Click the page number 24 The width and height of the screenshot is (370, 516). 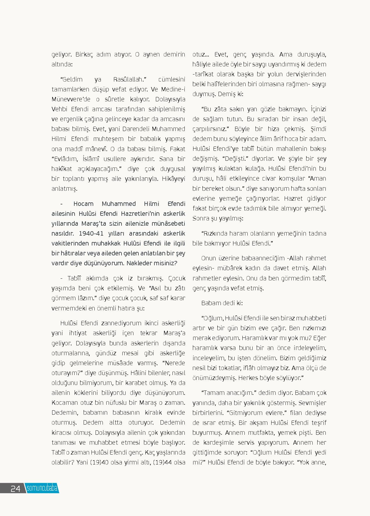[15, 488]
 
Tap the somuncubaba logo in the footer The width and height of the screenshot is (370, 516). [42, 488]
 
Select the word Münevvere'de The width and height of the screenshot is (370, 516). [67, 99]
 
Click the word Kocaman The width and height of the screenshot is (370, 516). [65, 402]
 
